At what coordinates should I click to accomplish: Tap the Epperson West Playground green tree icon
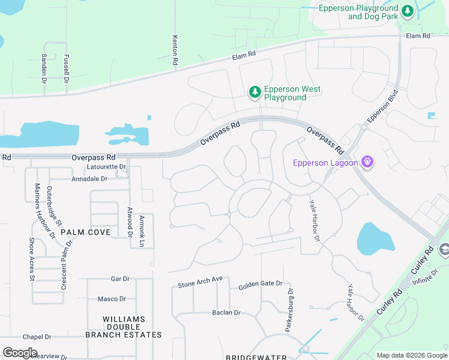pos(255,92)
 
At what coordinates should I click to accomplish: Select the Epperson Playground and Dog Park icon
pos(408,11)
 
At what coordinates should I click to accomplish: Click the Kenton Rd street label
pos(175,50)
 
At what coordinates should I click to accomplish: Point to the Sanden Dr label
pos(44,67)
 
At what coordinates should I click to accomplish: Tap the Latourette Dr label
pos(106,167)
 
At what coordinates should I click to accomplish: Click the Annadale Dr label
pos(89,179)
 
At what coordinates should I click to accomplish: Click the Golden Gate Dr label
pos(260,285)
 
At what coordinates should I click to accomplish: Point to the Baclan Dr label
pos(226,313)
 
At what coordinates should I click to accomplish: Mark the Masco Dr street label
pos(111,299)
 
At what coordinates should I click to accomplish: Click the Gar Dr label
pos(120,279)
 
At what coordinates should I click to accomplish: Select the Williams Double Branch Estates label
pos(124,327)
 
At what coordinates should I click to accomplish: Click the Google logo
pos(20,353)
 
